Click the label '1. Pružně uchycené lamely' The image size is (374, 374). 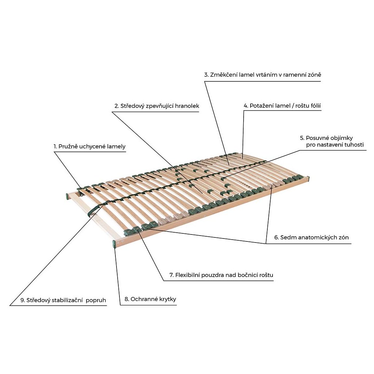89,146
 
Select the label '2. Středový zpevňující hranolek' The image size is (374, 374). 157,106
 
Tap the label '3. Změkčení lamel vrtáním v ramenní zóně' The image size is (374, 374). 263,75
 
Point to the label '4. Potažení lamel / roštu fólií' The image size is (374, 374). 282,106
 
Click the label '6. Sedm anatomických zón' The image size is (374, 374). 312,237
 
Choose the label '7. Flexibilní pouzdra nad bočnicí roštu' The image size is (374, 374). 221,275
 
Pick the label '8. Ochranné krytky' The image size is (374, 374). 150,299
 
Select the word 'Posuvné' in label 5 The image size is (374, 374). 317,138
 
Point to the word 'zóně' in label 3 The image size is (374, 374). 315,75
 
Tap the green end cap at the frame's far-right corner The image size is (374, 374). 308,179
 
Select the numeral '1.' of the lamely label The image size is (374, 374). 56,146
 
